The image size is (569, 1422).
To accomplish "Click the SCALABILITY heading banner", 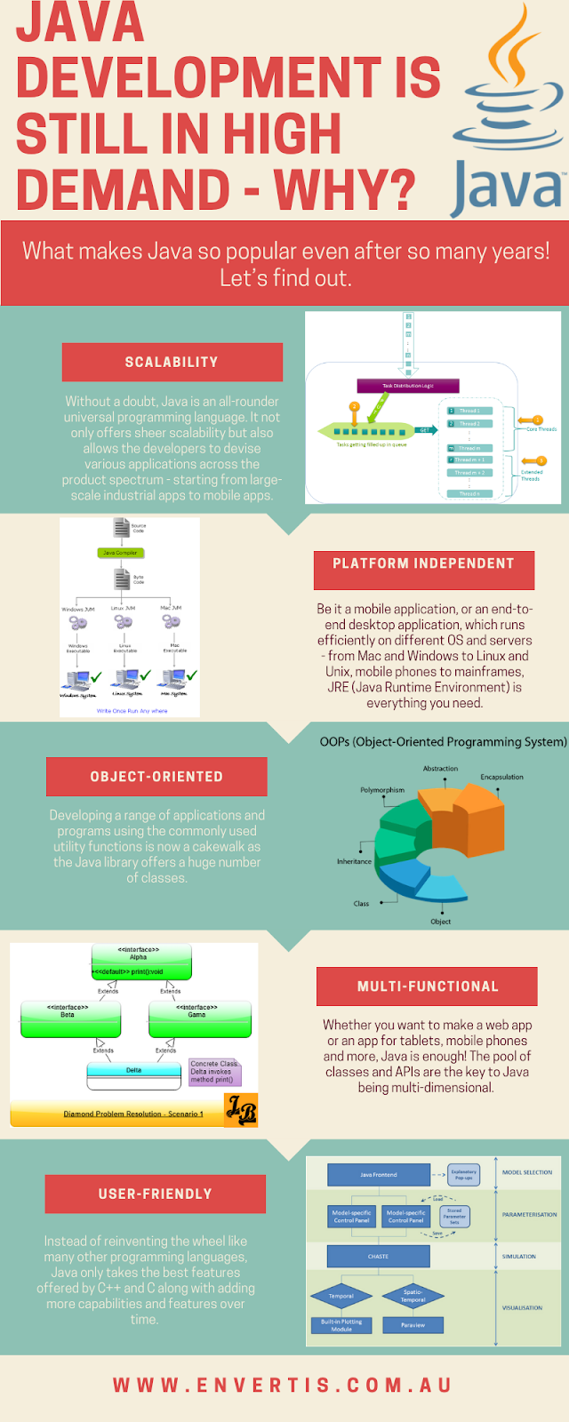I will (172, 362).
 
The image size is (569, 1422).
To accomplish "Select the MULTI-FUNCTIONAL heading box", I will (427, 987).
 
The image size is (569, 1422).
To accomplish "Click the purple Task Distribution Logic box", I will (408, 386).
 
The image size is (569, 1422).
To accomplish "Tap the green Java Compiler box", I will (120, 553).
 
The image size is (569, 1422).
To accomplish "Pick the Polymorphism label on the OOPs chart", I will (382, 789).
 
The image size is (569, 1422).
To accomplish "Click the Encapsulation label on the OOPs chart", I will (501, 777).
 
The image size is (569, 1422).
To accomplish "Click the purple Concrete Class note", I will (214, 1072).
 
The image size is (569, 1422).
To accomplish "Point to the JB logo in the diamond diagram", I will (240, 1110).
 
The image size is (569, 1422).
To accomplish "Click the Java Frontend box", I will (378, 1175).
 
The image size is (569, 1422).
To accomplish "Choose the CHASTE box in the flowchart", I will (378, 1256).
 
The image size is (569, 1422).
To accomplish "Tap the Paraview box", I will (413, 1325).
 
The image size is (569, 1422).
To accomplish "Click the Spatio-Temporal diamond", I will (413, 1296).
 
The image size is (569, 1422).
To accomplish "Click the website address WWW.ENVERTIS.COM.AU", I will (283, 1386).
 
